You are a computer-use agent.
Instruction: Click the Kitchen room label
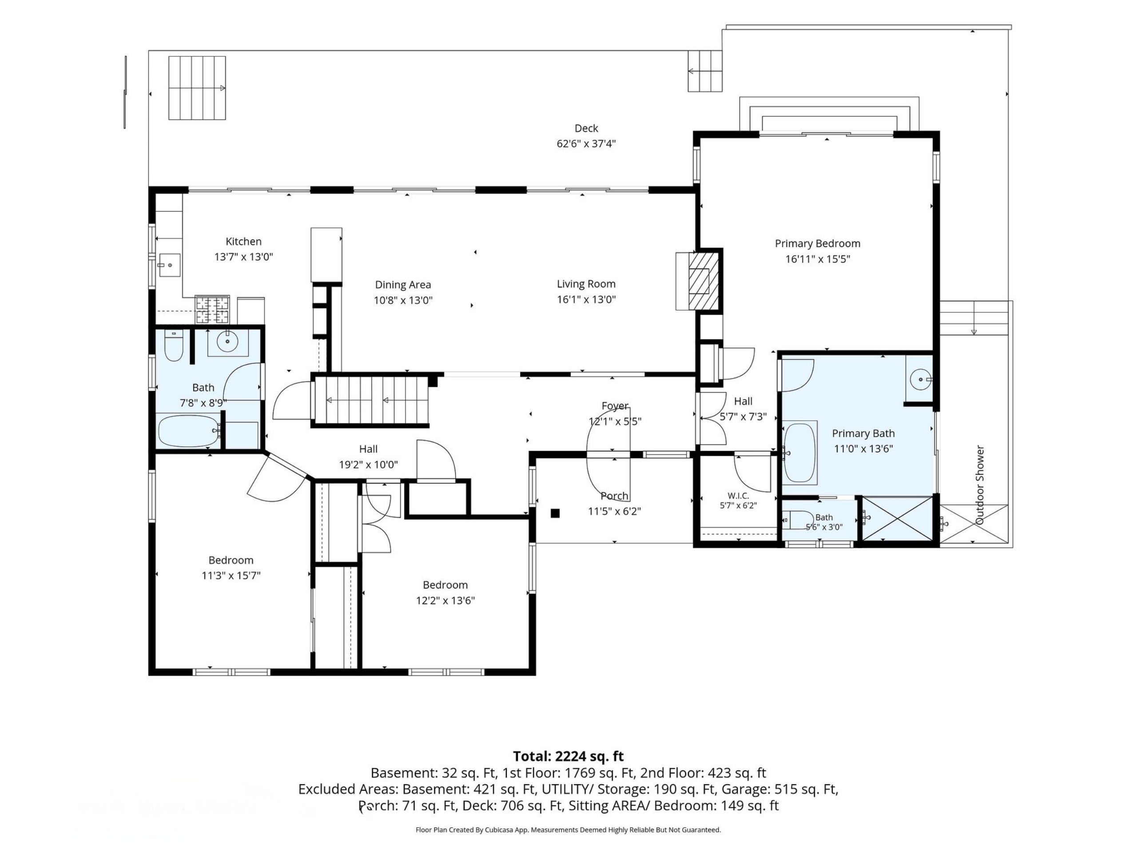(244, 241)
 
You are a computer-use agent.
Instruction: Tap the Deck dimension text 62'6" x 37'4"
(586, 143)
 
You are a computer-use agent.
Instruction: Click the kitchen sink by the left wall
(169, 265)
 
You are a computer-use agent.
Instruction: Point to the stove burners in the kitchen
(212, 310)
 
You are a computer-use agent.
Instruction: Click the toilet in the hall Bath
(174, 345)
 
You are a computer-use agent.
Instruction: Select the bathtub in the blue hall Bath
(189, 431)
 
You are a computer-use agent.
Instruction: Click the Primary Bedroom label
(817, 243)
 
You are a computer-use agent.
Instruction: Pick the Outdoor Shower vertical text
(980, 485)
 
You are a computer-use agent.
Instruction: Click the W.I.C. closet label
(738, 496)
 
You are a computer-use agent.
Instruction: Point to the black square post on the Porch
(555, 513)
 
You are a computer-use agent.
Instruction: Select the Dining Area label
(403, 284)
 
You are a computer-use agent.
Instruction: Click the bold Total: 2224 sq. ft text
(568, 756)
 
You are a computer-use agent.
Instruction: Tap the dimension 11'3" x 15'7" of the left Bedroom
(231, 575)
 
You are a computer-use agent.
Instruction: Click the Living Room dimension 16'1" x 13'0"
(586, 299)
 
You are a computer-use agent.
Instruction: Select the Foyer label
(615, 406)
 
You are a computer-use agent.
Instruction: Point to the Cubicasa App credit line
(568, 829)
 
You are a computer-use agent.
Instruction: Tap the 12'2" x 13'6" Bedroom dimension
(445, 600)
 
